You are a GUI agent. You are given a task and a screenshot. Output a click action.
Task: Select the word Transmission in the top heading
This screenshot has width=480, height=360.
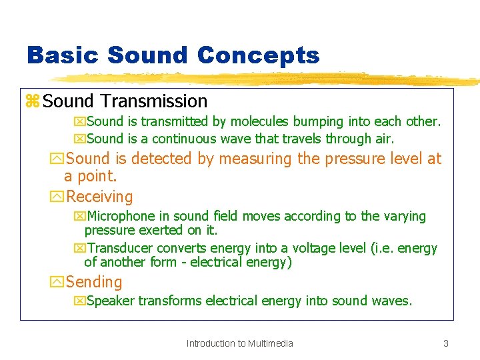tap(154, 101)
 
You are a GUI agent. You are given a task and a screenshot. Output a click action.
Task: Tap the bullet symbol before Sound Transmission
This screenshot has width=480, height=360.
tap(32, 101)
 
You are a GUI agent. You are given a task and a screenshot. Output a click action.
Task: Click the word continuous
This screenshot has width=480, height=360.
tap(186, 139)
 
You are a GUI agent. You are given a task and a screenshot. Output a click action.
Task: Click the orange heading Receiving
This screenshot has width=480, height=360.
tap(99, 197)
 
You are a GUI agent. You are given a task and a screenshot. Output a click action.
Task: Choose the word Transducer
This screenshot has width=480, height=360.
tap(120, 248)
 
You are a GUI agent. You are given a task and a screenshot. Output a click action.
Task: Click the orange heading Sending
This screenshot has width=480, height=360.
tap(94, 282)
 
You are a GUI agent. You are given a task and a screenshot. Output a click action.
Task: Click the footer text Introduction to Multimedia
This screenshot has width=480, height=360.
tap(239, 343)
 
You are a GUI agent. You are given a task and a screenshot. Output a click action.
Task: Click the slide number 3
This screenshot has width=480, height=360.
tap(445, 343)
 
